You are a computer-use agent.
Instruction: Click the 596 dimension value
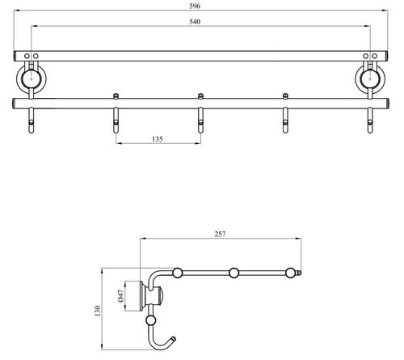pos(195,6)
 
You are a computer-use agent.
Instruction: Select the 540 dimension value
pos(195,22)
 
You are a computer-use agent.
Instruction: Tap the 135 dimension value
pos(158,139)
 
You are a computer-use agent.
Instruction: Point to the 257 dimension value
pos(220,234)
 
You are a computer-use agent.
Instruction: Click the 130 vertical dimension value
pos(97,311)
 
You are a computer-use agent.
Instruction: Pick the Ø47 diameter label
pos(121,296)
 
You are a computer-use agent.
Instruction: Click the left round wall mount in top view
pos(32,79)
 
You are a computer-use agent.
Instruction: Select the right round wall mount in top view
pos(370,79)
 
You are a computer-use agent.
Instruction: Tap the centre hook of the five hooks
pos(200,121)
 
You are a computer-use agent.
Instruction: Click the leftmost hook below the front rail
pos(32,121)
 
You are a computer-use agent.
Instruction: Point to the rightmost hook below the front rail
pos(370,121)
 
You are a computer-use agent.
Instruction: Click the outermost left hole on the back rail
pos(27,56)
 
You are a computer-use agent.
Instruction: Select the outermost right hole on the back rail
pos(375,56)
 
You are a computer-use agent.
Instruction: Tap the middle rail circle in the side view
pos(234,273)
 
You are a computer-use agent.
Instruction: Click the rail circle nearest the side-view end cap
pos(290,273)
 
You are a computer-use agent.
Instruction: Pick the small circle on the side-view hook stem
pos(150,320)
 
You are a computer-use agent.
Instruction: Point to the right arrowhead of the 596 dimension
pos(385,11)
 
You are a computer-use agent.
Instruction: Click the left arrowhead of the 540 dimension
pos(34,26)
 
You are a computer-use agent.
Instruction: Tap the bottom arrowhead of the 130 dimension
pos(102,347)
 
